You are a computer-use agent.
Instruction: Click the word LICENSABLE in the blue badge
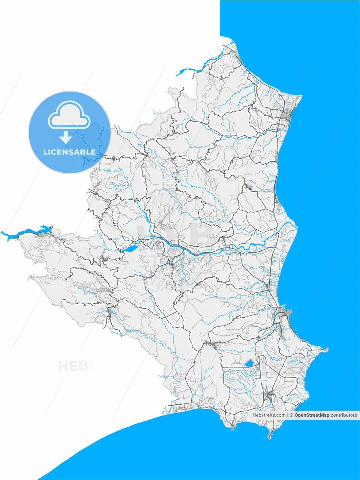point(69,152)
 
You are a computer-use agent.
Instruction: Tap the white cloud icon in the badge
point(69,116)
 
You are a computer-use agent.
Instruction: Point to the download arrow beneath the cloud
point(66,137)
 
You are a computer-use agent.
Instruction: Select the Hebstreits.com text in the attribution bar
point(268,415)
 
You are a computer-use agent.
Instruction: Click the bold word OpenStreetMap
point(312,415)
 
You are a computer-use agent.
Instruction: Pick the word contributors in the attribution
point(344,415)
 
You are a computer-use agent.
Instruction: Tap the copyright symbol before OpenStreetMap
point(291,415)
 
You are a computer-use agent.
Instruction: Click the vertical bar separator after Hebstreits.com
point(288,415)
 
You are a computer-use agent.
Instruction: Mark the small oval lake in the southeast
point(249,363)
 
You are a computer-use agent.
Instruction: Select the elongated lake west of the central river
point(129,248)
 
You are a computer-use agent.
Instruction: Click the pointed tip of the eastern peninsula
point(327,349)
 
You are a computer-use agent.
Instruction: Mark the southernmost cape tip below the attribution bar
point(270,437)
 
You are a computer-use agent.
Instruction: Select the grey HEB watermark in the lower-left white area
point(73,366)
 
